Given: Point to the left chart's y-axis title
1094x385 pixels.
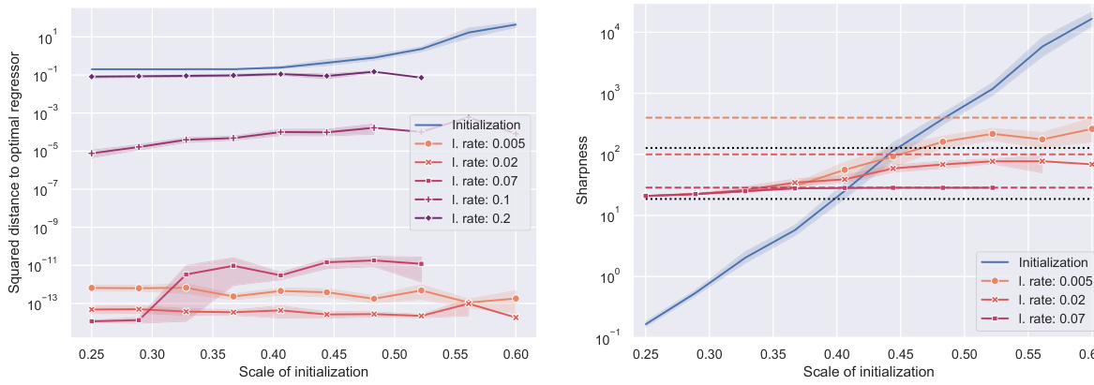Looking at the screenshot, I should [x=15, y=172].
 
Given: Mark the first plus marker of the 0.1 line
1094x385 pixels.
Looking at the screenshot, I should [x=92, y=153].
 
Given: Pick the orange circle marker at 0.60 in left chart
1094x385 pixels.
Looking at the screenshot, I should [x=516, y=299].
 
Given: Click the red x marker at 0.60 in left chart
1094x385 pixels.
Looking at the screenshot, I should [x=516, y=318].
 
